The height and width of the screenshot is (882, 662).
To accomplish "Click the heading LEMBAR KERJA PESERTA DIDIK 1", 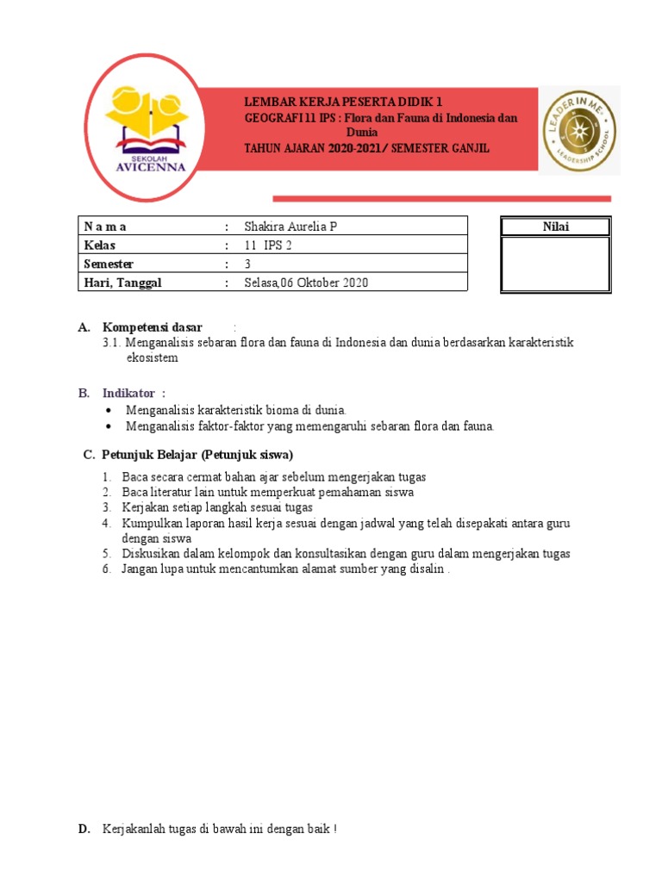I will [x=344, y=102].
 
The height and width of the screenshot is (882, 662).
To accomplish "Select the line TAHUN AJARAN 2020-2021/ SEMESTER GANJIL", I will [x=367, y=148].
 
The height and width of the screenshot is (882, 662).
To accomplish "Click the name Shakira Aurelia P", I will [x=290, y=227].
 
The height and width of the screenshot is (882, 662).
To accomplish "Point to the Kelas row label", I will [x=99, y=245].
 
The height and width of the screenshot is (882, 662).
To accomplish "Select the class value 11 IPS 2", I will [x=269, y=245].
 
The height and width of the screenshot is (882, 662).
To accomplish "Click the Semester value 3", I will [x=248, y=264].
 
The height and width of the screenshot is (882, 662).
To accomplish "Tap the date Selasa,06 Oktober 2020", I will [x=306, y=283].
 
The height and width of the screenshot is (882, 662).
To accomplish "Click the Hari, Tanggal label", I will [x=122, y=283].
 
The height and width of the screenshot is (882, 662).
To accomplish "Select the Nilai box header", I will [x=555, y=227].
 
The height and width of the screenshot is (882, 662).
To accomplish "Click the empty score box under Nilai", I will [x=555, y=264].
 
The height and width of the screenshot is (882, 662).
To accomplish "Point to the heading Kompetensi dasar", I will [x=153, y=327].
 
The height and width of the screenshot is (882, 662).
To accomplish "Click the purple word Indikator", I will [x=130, y=393].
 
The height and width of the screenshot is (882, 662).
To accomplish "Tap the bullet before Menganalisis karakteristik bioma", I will [x=107, y=410].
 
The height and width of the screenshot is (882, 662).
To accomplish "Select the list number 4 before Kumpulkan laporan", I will [x=105, y=523].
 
